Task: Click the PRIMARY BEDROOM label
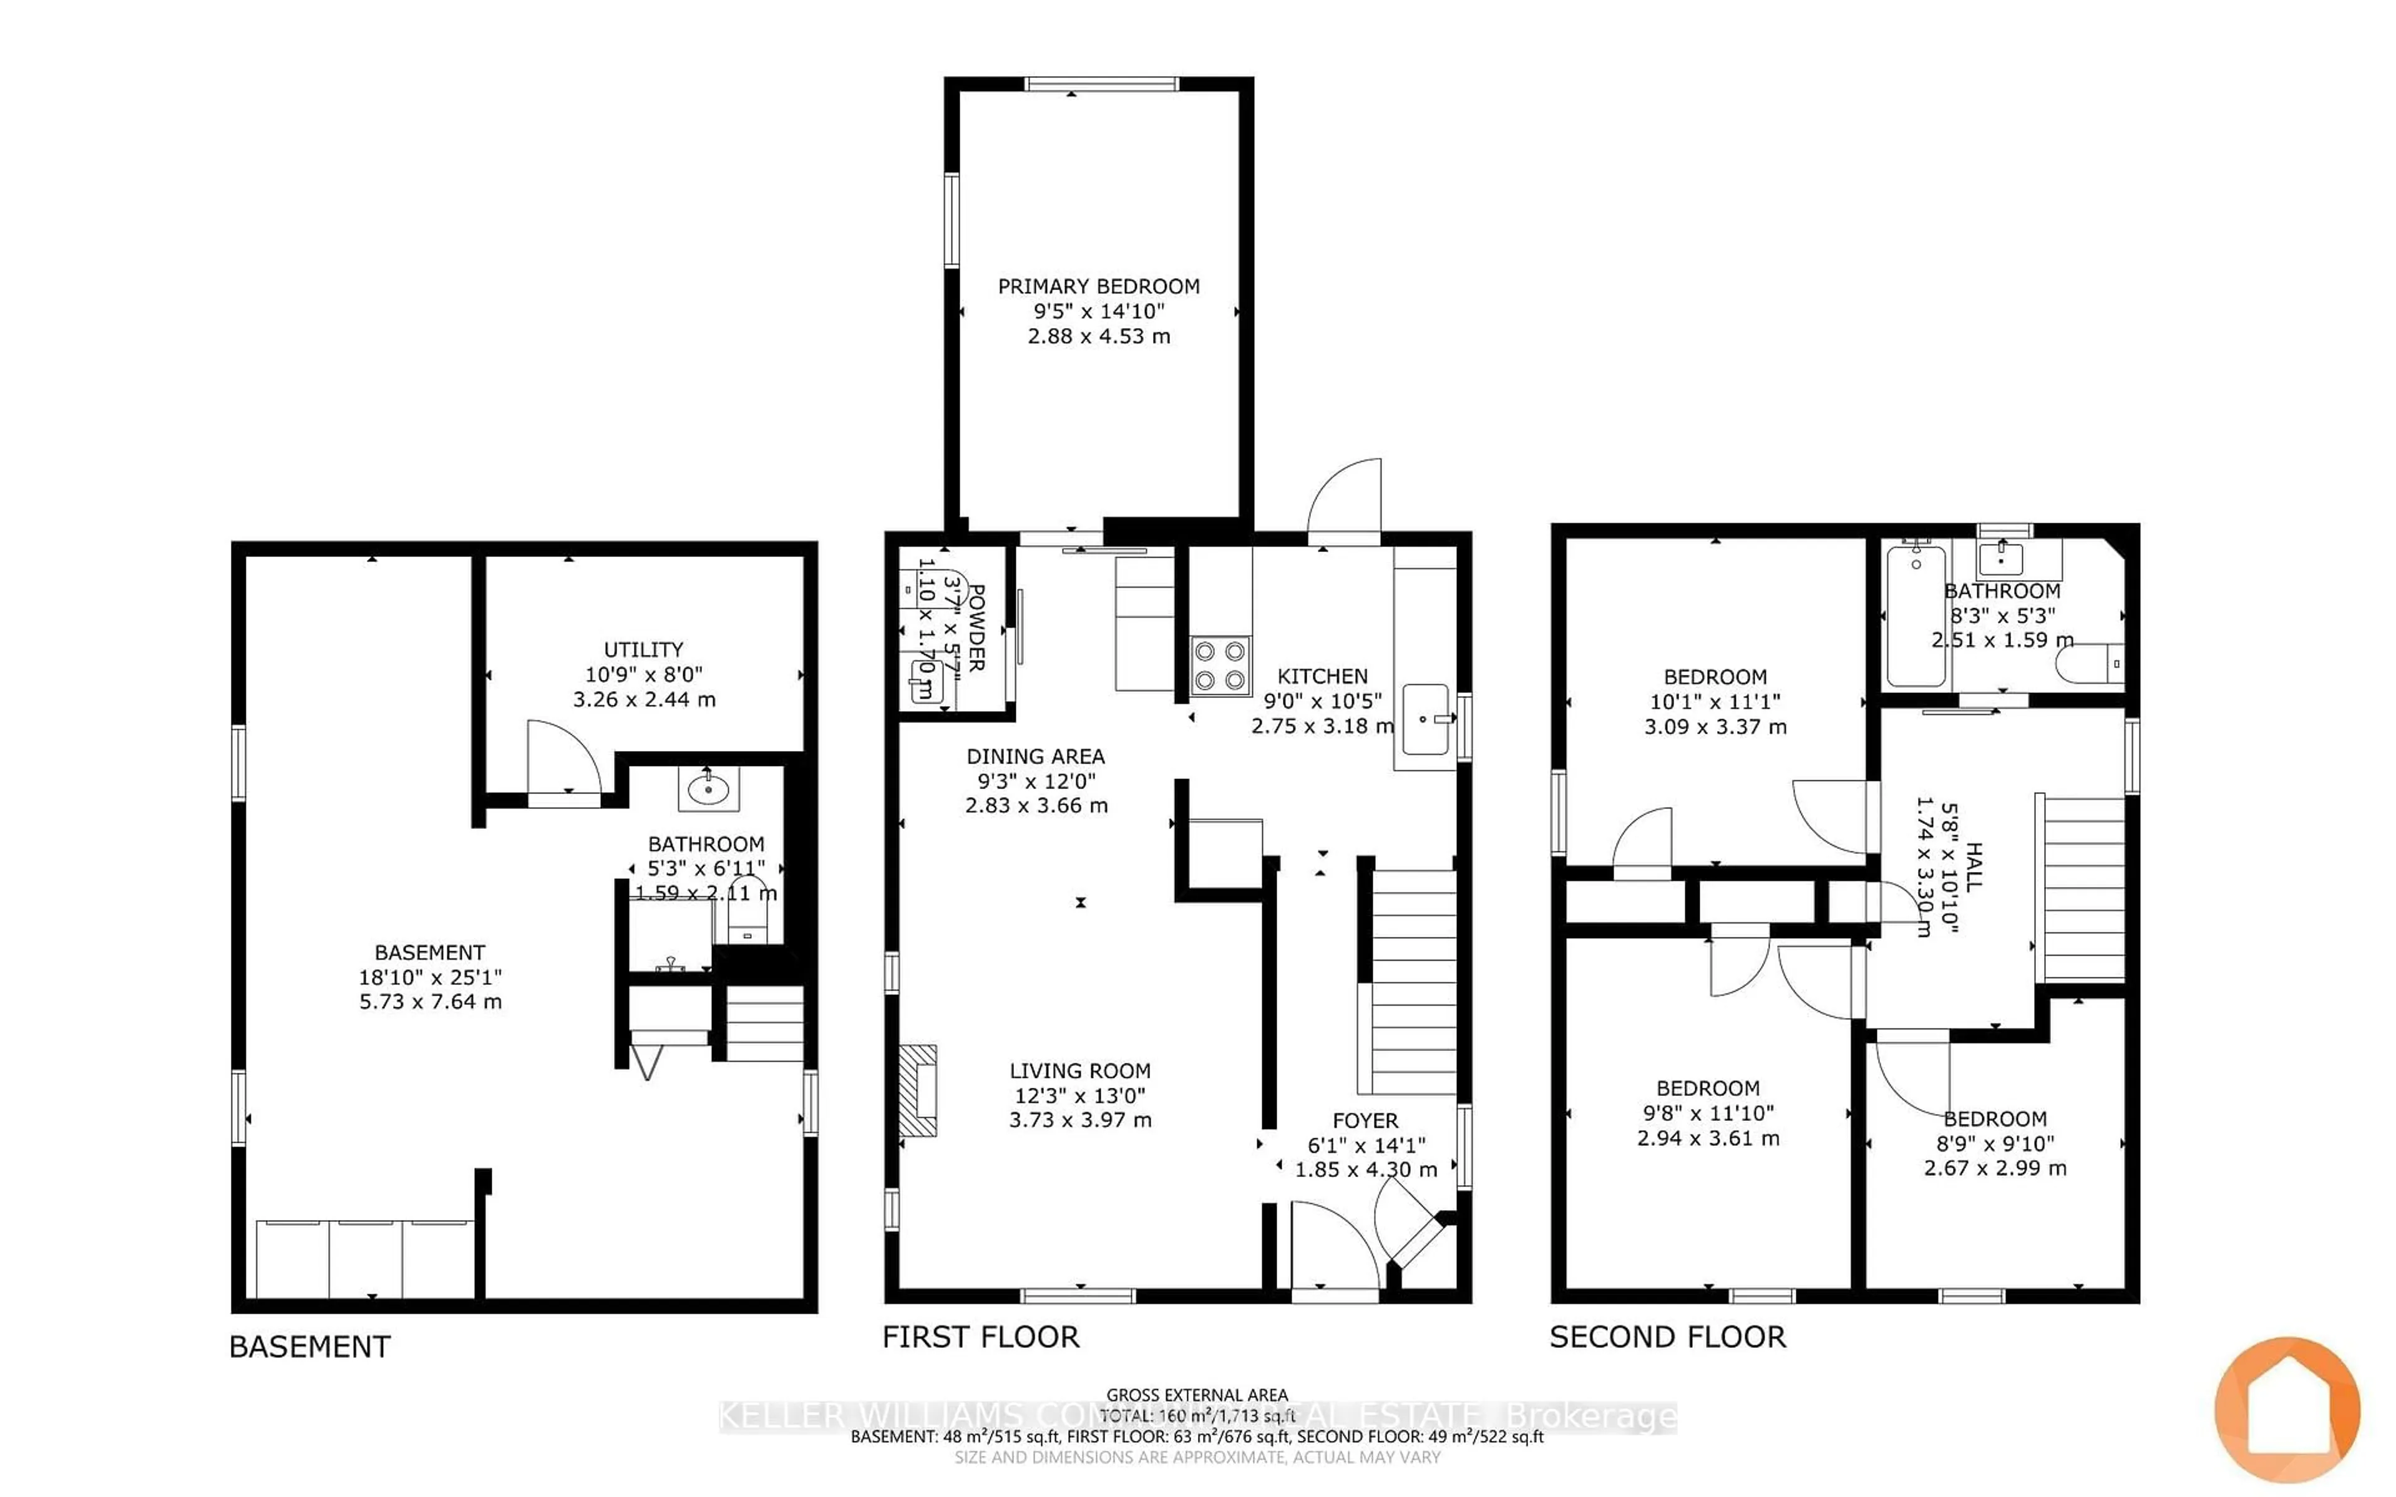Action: pyautogui.click(x=1098, y=286)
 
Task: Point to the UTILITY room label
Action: pyautogui.click(x=643, y=649)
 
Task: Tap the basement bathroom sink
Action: pyautogui.click(x=708, y=789)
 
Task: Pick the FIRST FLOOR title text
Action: pyautogui.click(x=980, y=1337)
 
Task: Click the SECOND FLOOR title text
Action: pyautogui.click(x=1667, y=1337)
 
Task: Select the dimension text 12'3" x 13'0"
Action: pyautogui.click(x=1079, y=1095)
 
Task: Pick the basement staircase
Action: pyautogui.click(x=764, y=1024)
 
